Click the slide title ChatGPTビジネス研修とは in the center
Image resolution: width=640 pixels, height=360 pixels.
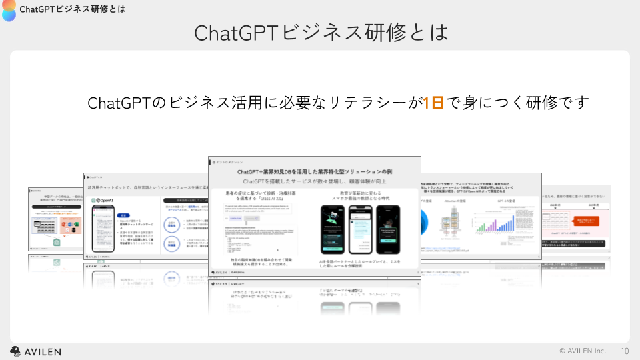[321, 32]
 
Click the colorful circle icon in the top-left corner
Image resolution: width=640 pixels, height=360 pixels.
[9, 9]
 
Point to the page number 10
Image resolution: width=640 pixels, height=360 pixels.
[625, 351]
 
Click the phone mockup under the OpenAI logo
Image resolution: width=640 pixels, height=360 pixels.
[105, 229]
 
